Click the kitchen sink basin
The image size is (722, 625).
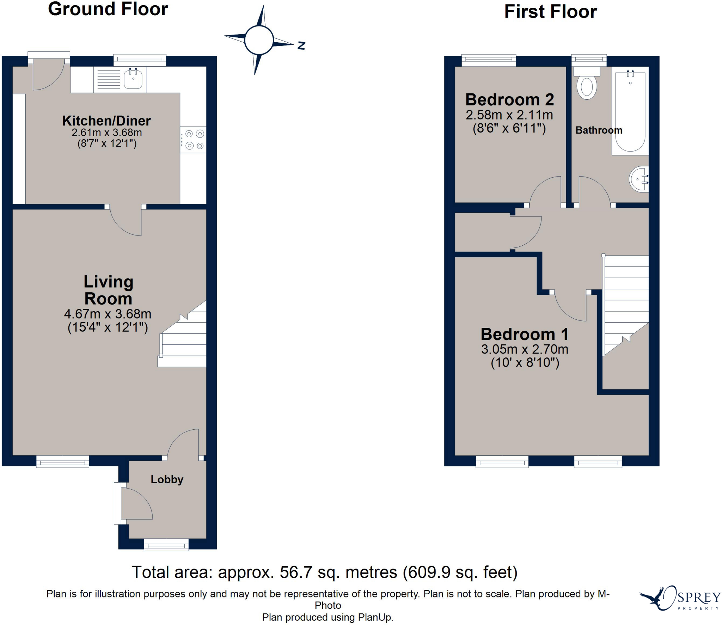133,79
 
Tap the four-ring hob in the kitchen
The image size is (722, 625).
193,140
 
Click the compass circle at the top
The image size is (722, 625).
259,40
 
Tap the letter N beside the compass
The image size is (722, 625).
301,45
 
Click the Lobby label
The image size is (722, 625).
167,480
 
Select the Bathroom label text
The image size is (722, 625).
599,130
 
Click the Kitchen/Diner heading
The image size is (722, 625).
106,121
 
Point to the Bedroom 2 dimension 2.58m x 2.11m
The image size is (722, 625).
509,115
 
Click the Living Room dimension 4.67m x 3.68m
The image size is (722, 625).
108,314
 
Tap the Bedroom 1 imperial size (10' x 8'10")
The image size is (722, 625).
525,363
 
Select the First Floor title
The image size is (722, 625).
551,11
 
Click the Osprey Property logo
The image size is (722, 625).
680,598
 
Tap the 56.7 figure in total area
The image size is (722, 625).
296,572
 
